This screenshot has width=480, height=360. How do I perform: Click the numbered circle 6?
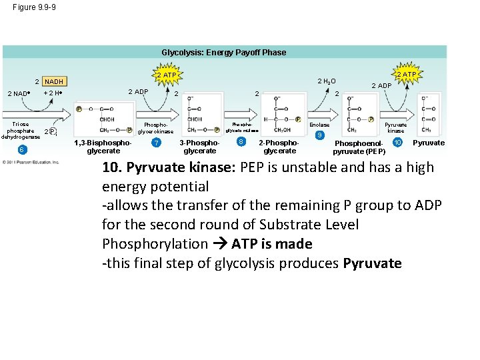(22, 149)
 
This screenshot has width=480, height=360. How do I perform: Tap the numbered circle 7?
(156, 143)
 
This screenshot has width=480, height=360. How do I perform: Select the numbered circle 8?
(241, 141)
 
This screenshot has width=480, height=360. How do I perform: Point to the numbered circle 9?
(320, 135)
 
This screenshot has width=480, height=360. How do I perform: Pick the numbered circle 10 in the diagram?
(398, 143)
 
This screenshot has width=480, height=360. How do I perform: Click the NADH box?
(55, 81)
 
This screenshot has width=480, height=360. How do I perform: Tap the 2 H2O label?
(326, 81)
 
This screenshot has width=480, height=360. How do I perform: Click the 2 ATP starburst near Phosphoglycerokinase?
(166, 75)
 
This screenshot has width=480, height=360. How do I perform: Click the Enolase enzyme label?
(320, 125)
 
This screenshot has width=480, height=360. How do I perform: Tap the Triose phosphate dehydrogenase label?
(21, 131)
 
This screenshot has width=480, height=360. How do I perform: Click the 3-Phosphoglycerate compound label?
(200, 147)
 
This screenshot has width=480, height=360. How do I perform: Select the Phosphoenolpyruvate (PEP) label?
(359, 147)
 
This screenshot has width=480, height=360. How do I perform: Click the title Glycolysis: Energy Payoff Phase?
(224, 52)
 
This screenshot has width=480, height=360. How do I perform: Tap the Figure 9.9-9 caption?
(29, 7)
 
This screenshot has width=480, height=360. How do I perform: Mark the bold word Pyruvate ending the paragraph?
(372, 263)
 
